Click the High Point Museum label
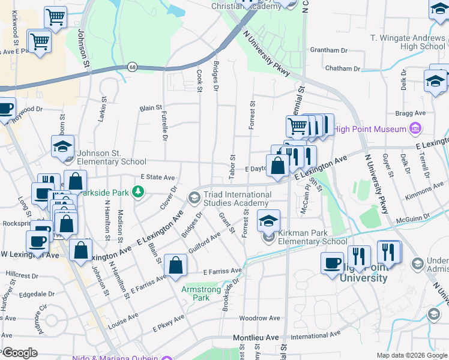click(x=369, y=129)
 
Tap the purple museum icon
click(x=414, y=128)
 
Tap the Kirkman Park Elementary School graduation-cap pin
click(x=268, y=221)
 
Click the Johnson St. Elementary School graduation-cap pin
click(x=62, y=146)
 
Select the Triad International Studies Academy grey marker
click(x=194, y=197)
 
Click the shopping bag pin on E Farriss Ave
click(x=175, y=265)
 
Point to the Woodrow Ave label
click(x=259, y=318)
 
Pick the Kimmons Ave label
click(x=424, y=193)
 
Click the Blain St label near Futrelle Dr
click(x=151, y=109)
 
